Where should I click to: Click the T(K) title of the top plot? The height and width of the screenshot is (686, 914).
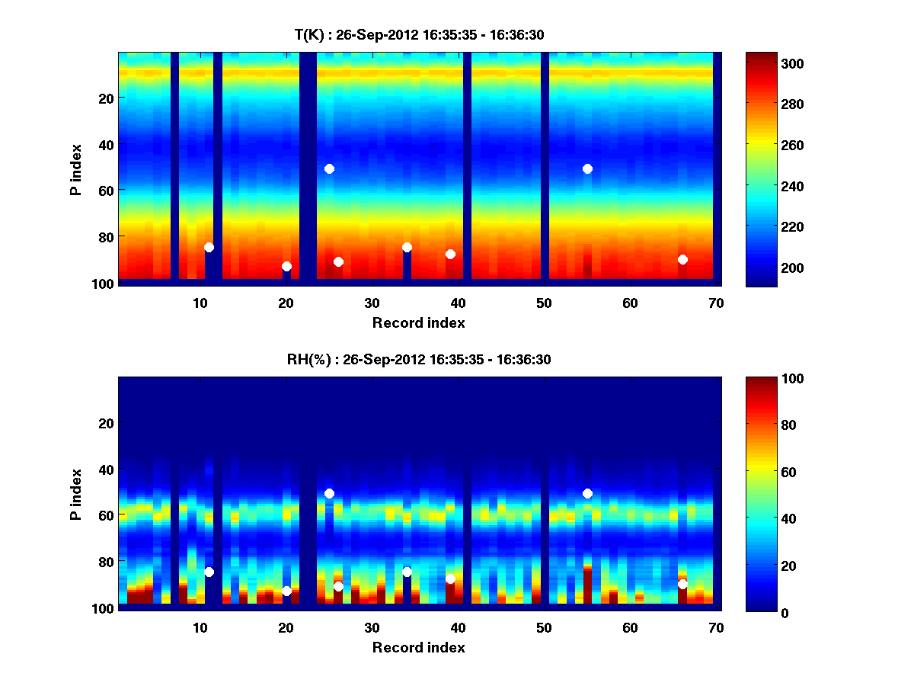point(418,34)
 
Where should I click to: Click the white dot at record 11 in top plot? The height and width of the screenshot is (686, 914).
point(209,247)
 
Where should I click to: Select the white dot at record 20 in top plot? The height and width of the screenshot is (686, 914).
point(286,266)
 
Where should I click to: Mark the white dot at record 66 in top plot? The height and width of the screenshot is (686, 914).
point(682,259)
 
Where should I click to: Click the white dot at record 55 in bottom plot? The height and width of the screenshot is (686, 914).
point(587,493)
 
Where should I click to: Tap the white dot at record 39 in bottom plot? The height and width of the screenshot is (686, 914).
point(450,579)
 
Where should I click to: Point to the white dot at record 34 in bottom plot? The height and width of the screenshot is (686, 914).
point(407,572)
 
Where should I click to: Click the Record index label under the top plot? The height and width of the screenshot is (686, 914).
point(418,322)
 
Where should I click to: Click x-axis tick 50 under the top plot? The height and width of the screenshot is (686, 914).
point(544,303)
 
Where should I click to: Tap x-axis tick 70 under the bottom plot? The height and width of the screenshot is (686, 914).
point(716,627)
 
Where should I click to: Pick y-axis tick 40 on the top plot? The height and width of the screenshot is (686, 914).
point(105,144)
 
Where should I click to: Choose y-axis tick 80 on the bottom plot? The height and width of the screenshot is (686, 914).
point(105,561)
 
